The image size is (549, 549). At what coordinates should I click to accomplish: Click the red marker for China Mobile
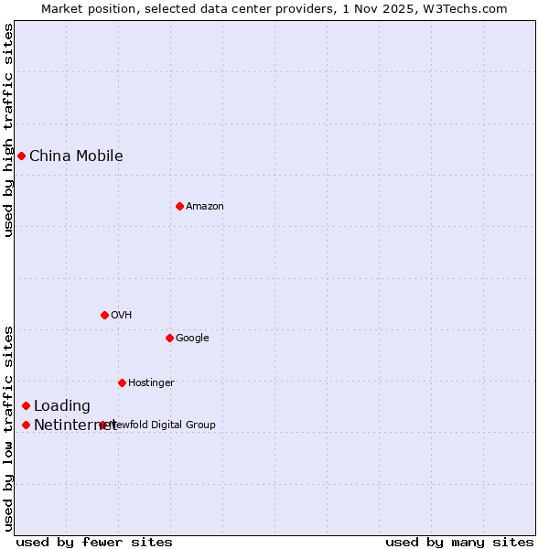click(21, 156)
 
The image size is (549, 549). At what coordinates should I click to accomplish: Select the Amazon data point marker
click(179, 206)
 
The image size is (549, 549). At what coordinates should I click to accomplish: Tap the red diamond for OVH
click(104, 315)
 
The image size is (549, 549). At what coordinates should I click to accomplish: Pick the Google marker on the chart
click(169, 338)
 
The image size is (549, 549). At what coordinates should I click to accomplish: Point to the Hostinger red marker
click(122, 382)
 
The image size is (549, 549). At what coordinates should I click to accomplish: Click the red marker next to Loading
click(26, 405)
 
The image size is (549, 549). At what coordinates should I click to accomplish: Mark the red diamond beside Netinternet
click(26, 425)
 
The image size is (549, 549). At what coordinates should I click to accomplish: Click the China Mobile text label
click(76, 156)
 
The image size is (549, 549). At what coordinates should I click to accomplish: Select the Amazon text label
click(205, 206)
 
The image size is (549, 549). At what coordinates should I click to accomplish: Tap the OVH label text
click(122, 315)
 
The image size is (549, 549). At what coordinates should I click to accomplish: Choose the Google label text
click(192, 338)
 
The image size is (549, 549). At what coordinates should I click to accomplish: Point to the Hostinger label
click(151, 382)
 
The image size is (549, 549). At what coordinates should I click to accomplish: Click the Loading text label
click(62, 405)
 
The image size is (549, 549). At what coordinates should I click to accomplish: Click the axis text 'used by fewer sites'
click(94, 542)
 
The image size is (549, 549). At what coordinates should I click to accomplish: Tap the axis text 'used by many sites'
click(459, 542)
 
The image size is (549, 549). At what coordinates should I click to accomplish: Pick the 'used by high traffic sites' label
click(8, 130)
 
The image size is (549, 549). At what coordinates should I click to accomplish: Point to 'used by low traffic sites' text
click(8, 427)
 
